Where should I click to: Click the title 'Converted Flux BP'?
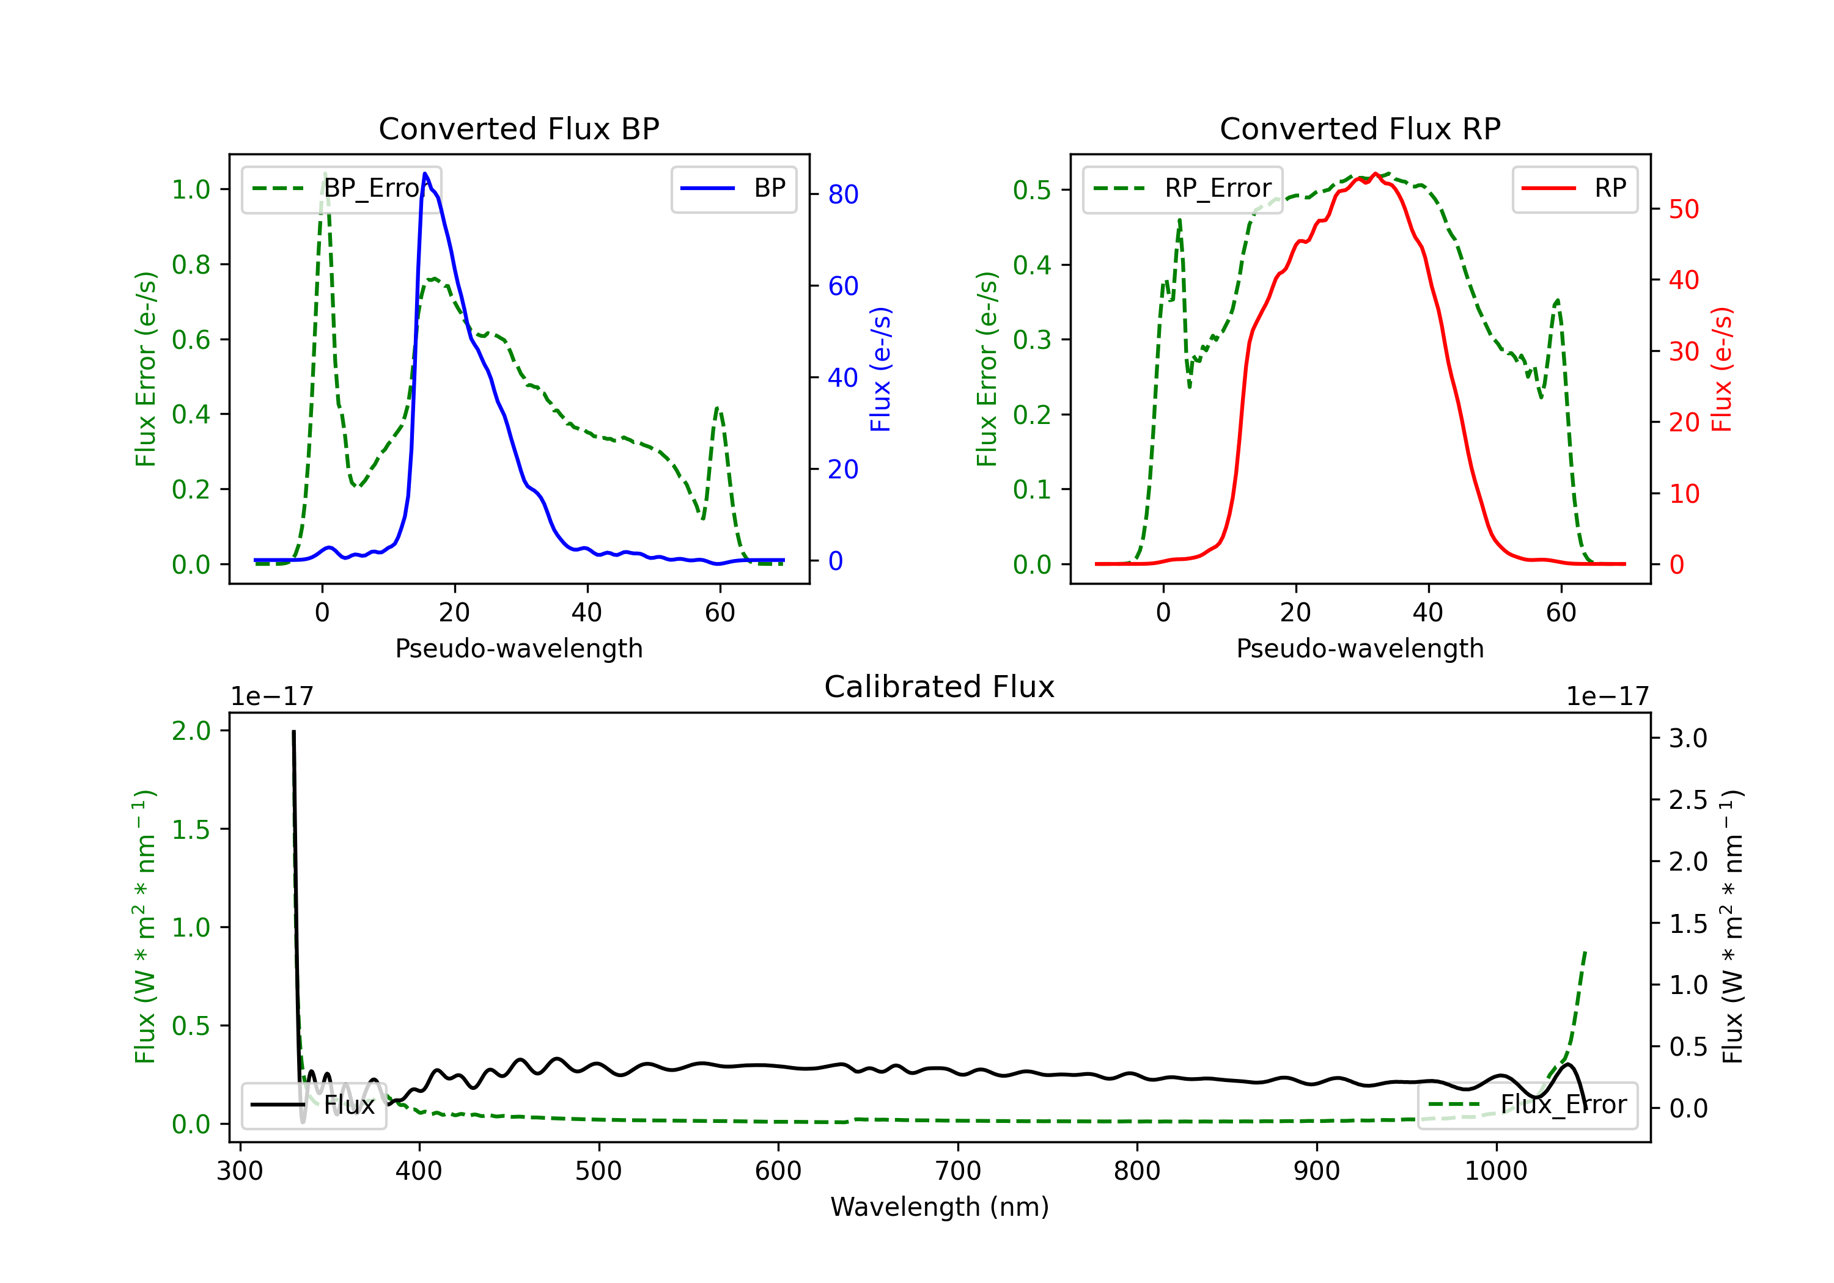point(518,128)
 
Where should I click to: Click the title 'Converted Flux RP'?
point(1360,128)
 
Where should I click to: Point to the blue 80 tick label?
point(842,194)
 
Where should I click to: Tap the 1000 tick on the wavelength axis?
point(1495,1171)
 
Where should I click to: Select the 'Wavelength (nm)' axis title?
point(940,1207)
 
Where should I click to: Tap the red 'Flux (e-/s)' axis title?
point(1722,370)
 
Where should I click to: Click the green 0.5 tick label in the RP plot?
point(1032,189)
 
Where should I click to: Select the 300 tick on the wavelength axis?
point(240,1171)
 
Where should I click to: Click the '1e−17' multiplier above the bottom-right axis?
point(1607,697)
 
